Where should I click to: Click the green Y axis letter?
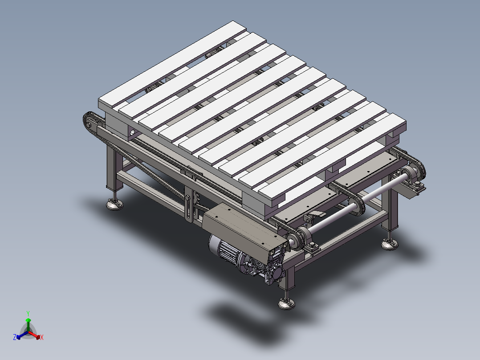(28, 313)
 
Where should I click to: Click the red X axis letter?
(42, 337)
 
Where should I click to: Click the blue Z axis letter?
(14, 337)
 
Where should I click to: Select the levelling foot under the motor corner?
(286, 303)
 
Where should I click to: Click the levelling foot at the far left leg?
(114, 204)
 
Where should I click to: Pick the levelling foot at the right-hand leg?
(389, 244)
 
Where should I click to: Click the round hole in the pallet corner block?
(132, 133)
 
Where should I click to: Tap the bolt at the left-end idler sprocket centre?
(89, 125)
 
